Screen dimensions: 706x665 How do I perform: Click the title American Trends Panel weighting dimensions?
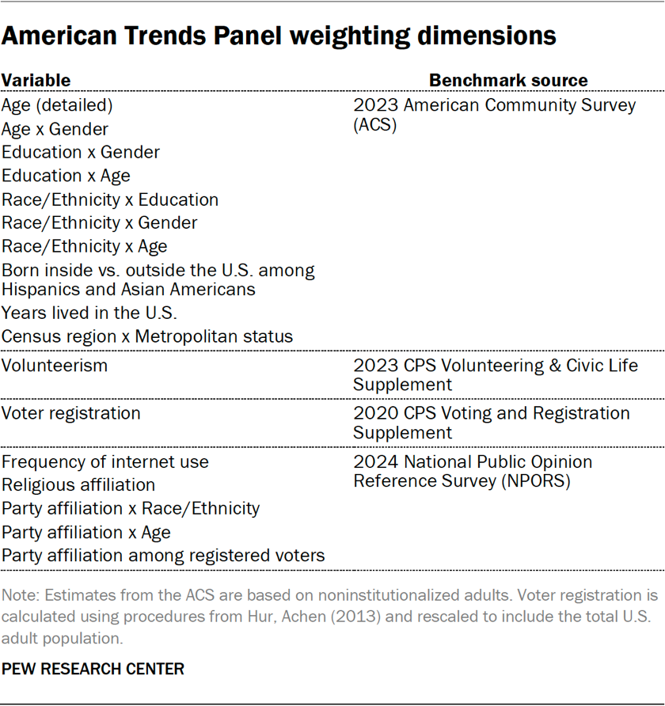click(x=279, y=36)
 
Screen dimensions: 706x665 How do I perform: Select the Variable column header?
click(x=36, y=80)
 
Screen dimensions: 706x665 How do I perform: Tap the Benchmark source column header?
click(x=508, y=80)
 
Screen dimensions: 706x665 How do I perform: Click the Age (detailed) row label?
click(x=57, y=105)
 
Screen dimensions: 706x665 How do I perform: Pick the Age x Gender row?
click(x=55, y=129)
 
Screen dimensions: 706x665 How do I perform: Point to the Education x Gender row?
click(x=81, y=152)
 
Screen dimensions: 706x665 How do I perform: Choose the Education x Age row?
click(x=66, y=176)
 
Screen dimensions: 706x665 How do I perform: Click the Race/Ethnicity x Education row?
click(x=110, y=199)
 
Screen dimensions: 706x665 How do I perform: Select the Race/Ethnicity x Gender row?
click(x=99, y=223)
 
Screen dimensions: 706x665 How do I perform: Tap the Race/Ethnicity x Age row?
click(x=84, y=246)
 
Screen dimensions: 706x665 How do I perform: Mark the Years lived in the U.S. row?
click(x=89, y=313)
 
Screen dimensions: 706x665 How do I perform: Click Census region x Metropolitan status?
click(x=147, y=336)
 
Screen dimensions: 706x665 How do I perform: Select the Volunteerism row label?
click(x=55, y=366)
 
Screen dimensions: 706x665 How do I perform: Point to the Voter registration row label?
click(x=71, y=413)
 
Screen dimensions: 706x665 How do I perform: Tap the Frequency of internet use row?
click(x=105, y=461)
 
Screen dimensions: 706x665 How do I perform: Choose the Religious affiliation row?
click(x=78, y=484)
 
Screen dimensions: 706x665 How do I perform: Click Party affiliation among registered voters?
click(x=163, y=556)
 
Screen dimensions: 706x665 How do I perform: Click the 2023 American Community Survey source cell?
click(x=494, y=115)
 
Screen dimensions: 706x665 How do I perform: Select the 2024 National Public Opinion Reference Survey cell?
click(x=473, y=471)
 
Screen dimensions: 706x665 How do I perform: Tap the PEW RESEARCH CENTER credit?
click(x=93, y=669)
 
